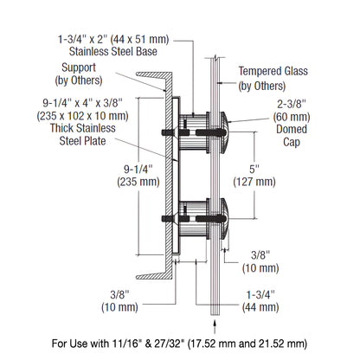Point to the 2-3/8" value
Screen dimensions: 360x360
[x=290, y=100]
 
